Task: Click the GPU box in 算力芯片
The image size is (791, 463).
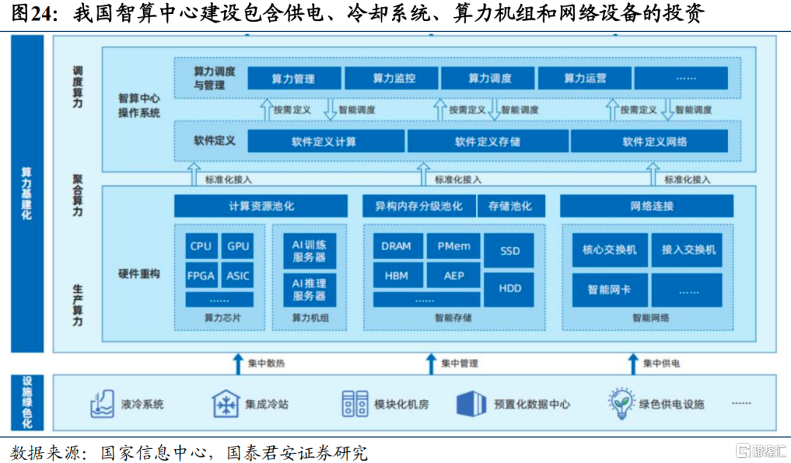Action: (237, 246)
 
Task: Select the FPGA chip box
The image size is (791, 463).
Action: (201, 276)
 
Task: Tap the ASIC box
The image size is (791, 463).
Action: (237, 276)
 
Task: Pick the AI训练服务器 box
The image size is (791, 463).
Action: (309, 251)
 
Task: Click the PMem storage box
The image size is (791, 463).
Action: (454, 246)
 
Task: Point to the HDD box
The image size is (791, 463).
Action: (510, 289)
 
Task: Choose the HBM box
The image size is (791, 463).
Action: (397, 276)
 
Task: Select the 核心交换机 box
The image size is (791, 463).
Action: (609, 249)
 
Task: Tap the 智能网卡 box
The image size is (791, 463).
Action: (609, 290)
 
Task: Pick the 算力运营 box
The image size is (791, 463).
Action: (584, 78)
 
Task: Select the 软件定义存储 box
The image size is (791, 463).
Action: (487, 141)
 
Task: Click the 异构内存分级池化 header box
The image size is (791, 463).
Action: (419, 206)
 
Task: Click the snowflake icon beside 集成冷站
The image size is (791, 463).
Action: (226, 403)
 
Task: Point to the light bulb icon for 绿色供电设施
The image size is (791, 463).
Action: (621, 403)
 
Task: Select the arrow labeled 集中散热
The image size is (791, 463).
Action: (238, 364)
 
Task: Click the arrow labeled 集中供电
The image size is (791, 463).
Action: (633, 364)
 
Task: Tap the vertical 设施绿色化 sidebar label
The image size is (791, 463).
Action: (27, 402)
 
